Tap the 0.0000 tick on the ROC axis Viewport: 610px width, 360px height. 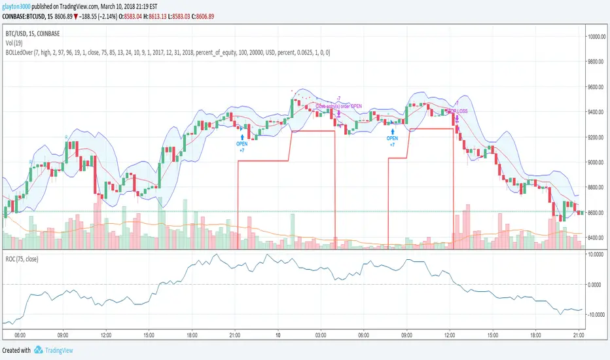596,285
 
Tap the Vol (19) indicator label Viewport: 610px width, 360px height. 16,41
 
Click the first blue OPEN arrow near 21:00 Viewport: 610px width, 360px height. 242,136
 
